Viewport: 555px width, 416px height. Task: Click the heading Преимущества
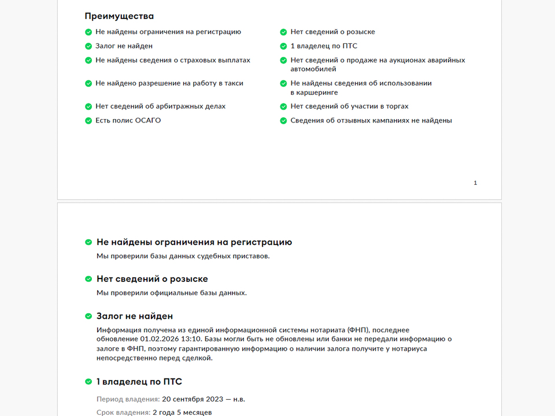click(119, 16)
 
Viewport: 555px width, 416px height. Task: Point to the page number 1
click(475, 183)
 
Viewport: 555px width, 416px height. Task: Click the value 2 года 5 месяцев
click(182, 413)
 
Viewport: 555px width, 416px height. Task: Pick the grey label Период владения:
click(128, 399)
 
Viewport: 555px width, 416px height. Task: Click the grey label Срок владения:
click(123, 413)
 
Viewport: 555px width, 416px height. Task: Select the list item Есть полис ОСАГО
click(128, 121)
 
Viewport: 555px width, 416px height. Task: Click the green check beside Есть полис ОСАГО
click(88, 121)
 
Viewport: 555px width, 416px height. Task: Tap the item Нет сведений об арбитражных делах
click(160, 106)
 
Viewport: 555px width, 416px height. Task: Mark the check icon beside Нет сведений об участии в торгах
click(283, 107)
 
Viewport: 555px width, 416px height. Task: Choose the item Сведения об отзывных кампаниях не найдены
click(371, 121)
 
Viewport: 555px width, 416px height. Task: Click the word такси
click(234, 83)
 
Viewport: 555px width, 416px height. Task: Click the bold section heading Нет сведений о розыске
click(152, 278)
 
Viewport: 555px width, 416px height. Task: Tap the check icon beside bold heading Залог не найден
click(88, 317)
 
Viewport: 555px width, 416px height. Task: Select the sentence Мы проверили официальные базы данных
click(172, 293)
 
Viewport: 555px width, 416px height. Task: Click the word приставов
click(252, 256)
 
